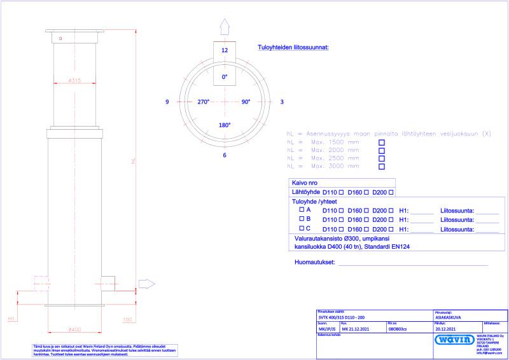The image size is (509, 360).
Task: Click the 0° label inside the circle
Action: (224, 77)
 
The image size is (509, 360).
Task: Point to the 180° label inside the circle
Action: (224, 125)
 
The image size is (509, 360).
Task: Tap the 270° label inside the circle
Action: (204, 102)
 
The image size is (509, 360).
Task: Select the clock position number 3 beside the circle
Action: (281, 102)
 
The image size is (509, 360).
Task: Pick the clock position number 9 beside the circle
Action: (167, 102)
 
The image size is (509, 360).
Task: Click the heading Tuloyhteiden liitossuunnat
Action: (293, 48)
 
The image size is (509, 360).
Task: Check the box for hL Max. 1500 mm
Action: (382, 143)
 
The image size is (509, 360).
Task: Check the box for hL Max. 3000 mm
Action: (382, 167)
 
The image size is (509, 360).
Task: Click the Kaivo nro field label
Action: (305, 182)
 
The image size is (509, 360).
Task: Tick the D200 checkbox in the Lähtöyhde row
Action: (391, 192)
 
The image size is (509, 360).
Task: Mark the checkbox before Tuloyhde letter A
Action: (302, 209)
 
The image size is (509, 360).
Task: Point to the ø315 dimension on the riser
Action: (74, 81)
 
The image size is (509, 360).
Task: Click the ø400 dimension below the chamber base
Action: (74, 329)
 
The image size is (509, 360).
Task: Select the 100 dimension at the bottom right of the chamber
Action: (127, 319)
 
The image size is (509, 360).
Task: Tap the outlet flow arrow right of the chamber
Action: (147, 284)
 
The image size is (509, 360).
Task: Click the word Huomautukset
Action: (314, 262)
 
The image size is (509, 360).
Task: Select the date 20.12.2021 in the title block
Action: (446, 329)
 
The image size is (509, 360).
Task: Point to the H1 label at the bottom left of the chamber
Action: (11, 319)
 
